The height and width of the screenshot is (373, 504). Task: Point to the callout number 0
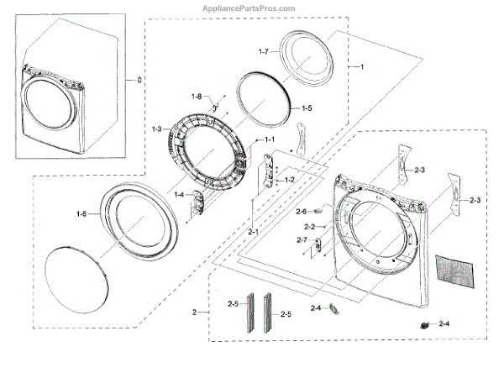point(129,81)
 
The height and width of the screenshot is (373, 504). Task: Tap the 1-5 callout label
point(306,108)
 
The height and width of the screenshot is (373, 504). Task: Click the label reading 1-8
point(197,97)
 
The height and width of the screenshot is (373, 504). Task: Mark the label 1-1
point(270,139)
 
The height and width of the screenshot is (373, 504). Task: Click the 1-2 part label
point(289,180)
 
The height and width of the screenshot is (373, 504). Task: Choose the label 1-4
point(180,195)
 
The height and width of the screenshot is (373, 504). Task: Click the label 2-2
point(309,228)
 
